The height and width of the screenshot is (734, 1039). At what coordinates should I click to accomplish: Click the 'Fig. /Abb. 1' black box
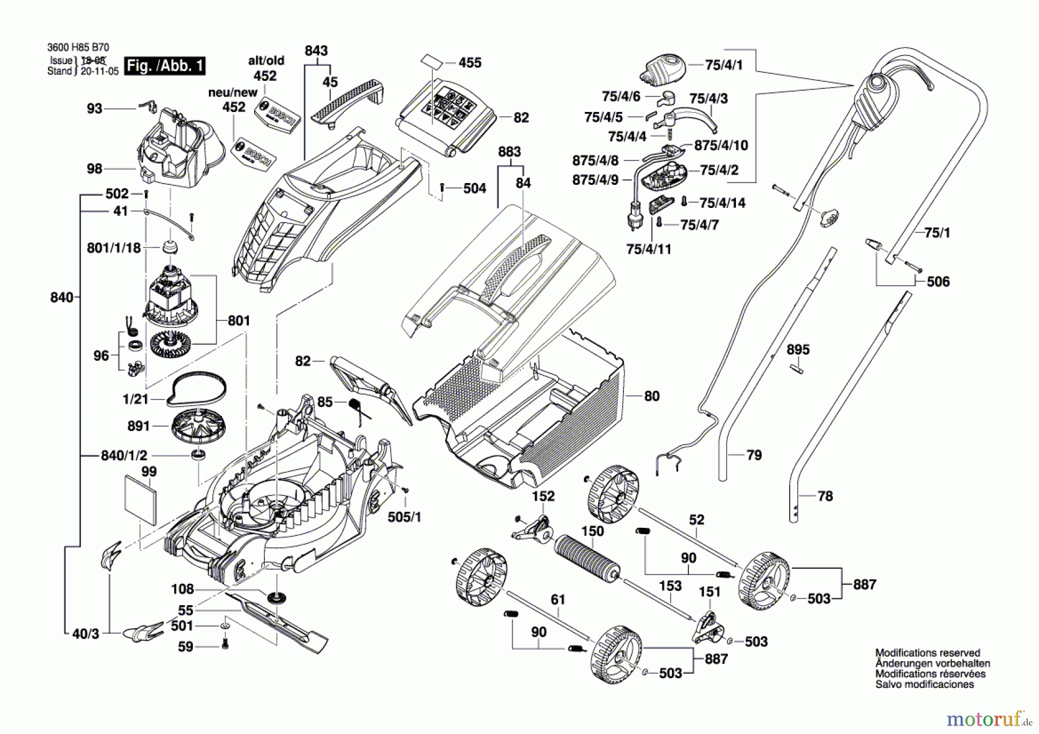tap(166, 66)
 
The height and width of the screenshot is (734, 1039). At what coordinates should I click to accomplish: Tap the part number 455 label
tap(470, 62)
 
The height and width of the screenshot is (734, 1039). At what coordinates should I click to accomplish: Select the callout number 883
tap(509, 152)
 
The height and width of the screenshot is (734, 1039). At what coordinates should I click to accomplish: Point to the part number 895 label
tap(798, 349)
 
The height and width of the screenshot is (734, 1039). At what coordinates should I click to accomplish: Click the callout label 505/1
tap(404, 517)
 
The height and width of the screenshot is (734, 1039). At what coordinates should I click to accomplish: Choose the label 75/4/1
tap(724, 65)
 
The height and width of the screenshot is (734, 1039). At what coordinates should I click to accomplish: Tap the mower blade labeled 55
tap(277, 621)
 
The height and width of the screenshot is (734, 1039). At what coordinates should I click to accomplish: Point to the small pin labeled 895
tap(797, 367)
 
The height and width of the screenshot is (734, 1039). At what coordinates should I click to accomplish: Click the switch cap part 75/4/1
tap(663, 69)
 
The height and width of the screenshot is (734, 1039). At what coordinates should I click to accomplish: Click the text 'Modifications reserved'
tap(928, 653)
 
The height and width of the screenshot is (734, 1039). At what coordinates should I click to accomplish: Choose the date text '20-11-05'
tap(100, 71)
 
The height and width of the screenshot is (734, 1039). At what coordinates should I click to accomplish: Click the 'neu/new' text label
tap(233, 92)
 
